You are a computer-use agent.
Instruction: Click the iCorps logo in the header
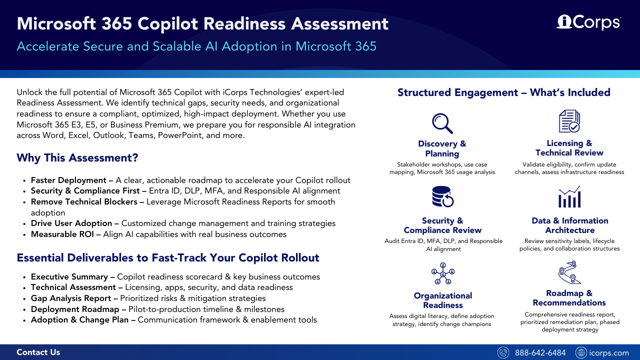(x=588, y=22)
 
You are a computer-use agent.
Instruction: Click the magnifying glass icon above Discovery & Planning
(x=442, y=123)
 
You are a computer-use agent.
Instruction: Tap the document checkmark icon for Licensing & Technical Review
(x=569, y=121)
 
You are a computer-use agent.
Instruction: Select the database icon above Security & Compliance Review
(x=442, y=196)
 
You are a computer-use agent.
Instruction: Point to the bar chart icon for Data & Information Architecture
(x=569, y=197)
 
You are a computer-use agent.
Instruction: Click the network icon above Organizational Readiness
(x=442, y=273)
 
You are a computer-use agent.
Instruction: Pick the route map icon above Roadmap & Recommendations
(x=569, y=272)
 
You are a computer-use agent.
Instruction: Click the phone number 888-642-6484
(x=540, y=353)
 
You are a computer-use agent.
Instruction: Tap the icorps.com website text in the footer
(x=608, y=353)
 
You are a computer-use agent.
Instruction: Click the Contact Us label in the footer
(x=38, y=352)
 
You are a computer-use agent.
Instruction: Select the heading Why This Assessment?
(x=77, y=158)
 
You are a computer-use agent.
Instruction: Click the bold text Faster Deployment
(x=68, y=180)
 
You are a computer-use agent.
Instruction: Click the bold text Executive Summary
(x=69, y=277)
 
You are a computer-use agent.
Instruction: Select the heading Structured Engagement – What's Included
(x=503, y=92)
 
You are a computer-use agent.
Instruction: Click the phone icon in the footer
(x=503, y=353)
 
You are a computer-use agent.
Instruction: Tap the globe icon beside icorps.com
(x=581, y=353)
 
